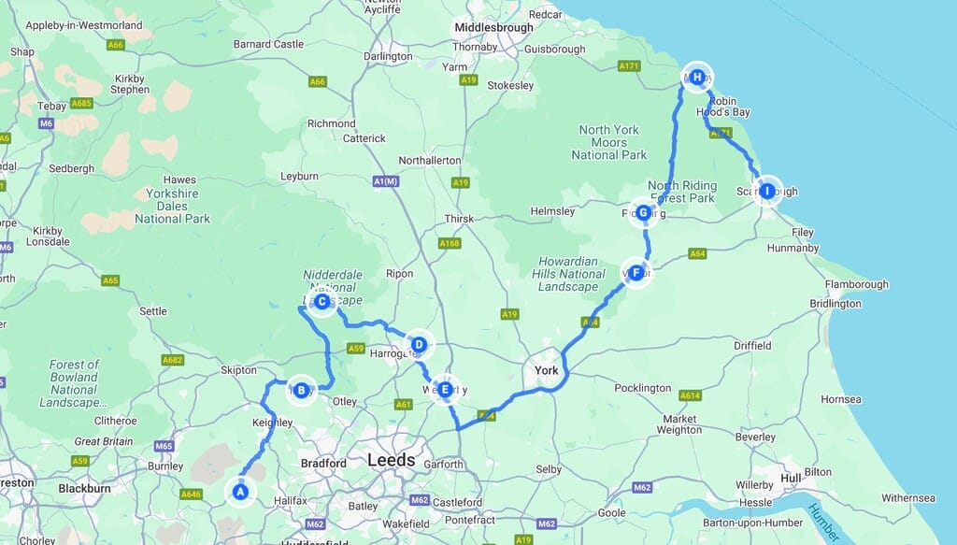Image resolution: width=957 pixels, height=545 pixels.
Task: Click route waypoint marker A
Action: [x=240, y=491]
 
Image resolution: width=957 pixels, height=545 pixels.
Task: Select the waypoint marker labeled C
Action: [x=321, y=302]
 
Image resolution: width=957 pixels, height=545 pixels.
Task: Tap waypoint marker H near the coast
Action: [x=697, y=78]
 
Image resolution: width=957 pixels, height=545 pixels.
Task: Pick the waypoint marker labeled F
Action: [x=636, y=273]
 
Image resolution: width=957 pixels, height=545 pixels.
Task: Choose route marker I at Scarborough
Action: [x=767, y=191]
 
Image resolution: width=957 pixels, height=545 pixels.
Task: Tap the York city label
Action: [x=546, y=371]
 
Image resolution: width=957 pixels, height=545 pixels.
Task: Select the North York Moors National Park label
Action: [x=608, y=142]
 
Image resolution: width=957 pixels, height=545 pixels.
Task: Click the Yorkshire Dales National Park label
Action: [x=173, y=206]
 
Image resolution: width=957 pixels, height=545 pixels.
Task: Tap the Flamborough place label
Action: [x=856, y=284]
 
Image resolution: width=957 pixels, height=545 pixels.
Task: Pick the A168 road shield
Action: [x=450, y=244]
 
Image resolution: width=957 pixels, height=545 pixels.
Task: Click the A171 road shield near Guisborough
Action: [x=629, y=66]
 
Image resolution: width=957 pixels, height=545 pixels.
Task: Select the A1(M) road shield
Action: [x=385, y=181]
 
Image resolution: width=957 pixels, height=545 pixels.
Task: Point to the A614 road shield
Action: [x=690, y=395]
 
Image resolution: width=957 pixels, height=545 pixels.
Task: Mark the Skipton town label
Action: [x=237, y=370]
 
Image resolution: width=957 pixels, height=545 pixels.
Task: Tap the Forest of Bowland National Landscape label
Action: [x=74, y=383]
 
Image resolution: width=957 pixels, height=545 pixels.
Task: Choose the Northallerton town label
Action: [x=429, y=161]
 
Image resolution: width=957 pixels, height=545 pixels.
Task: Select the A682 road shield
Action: [x=173, y=360]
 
